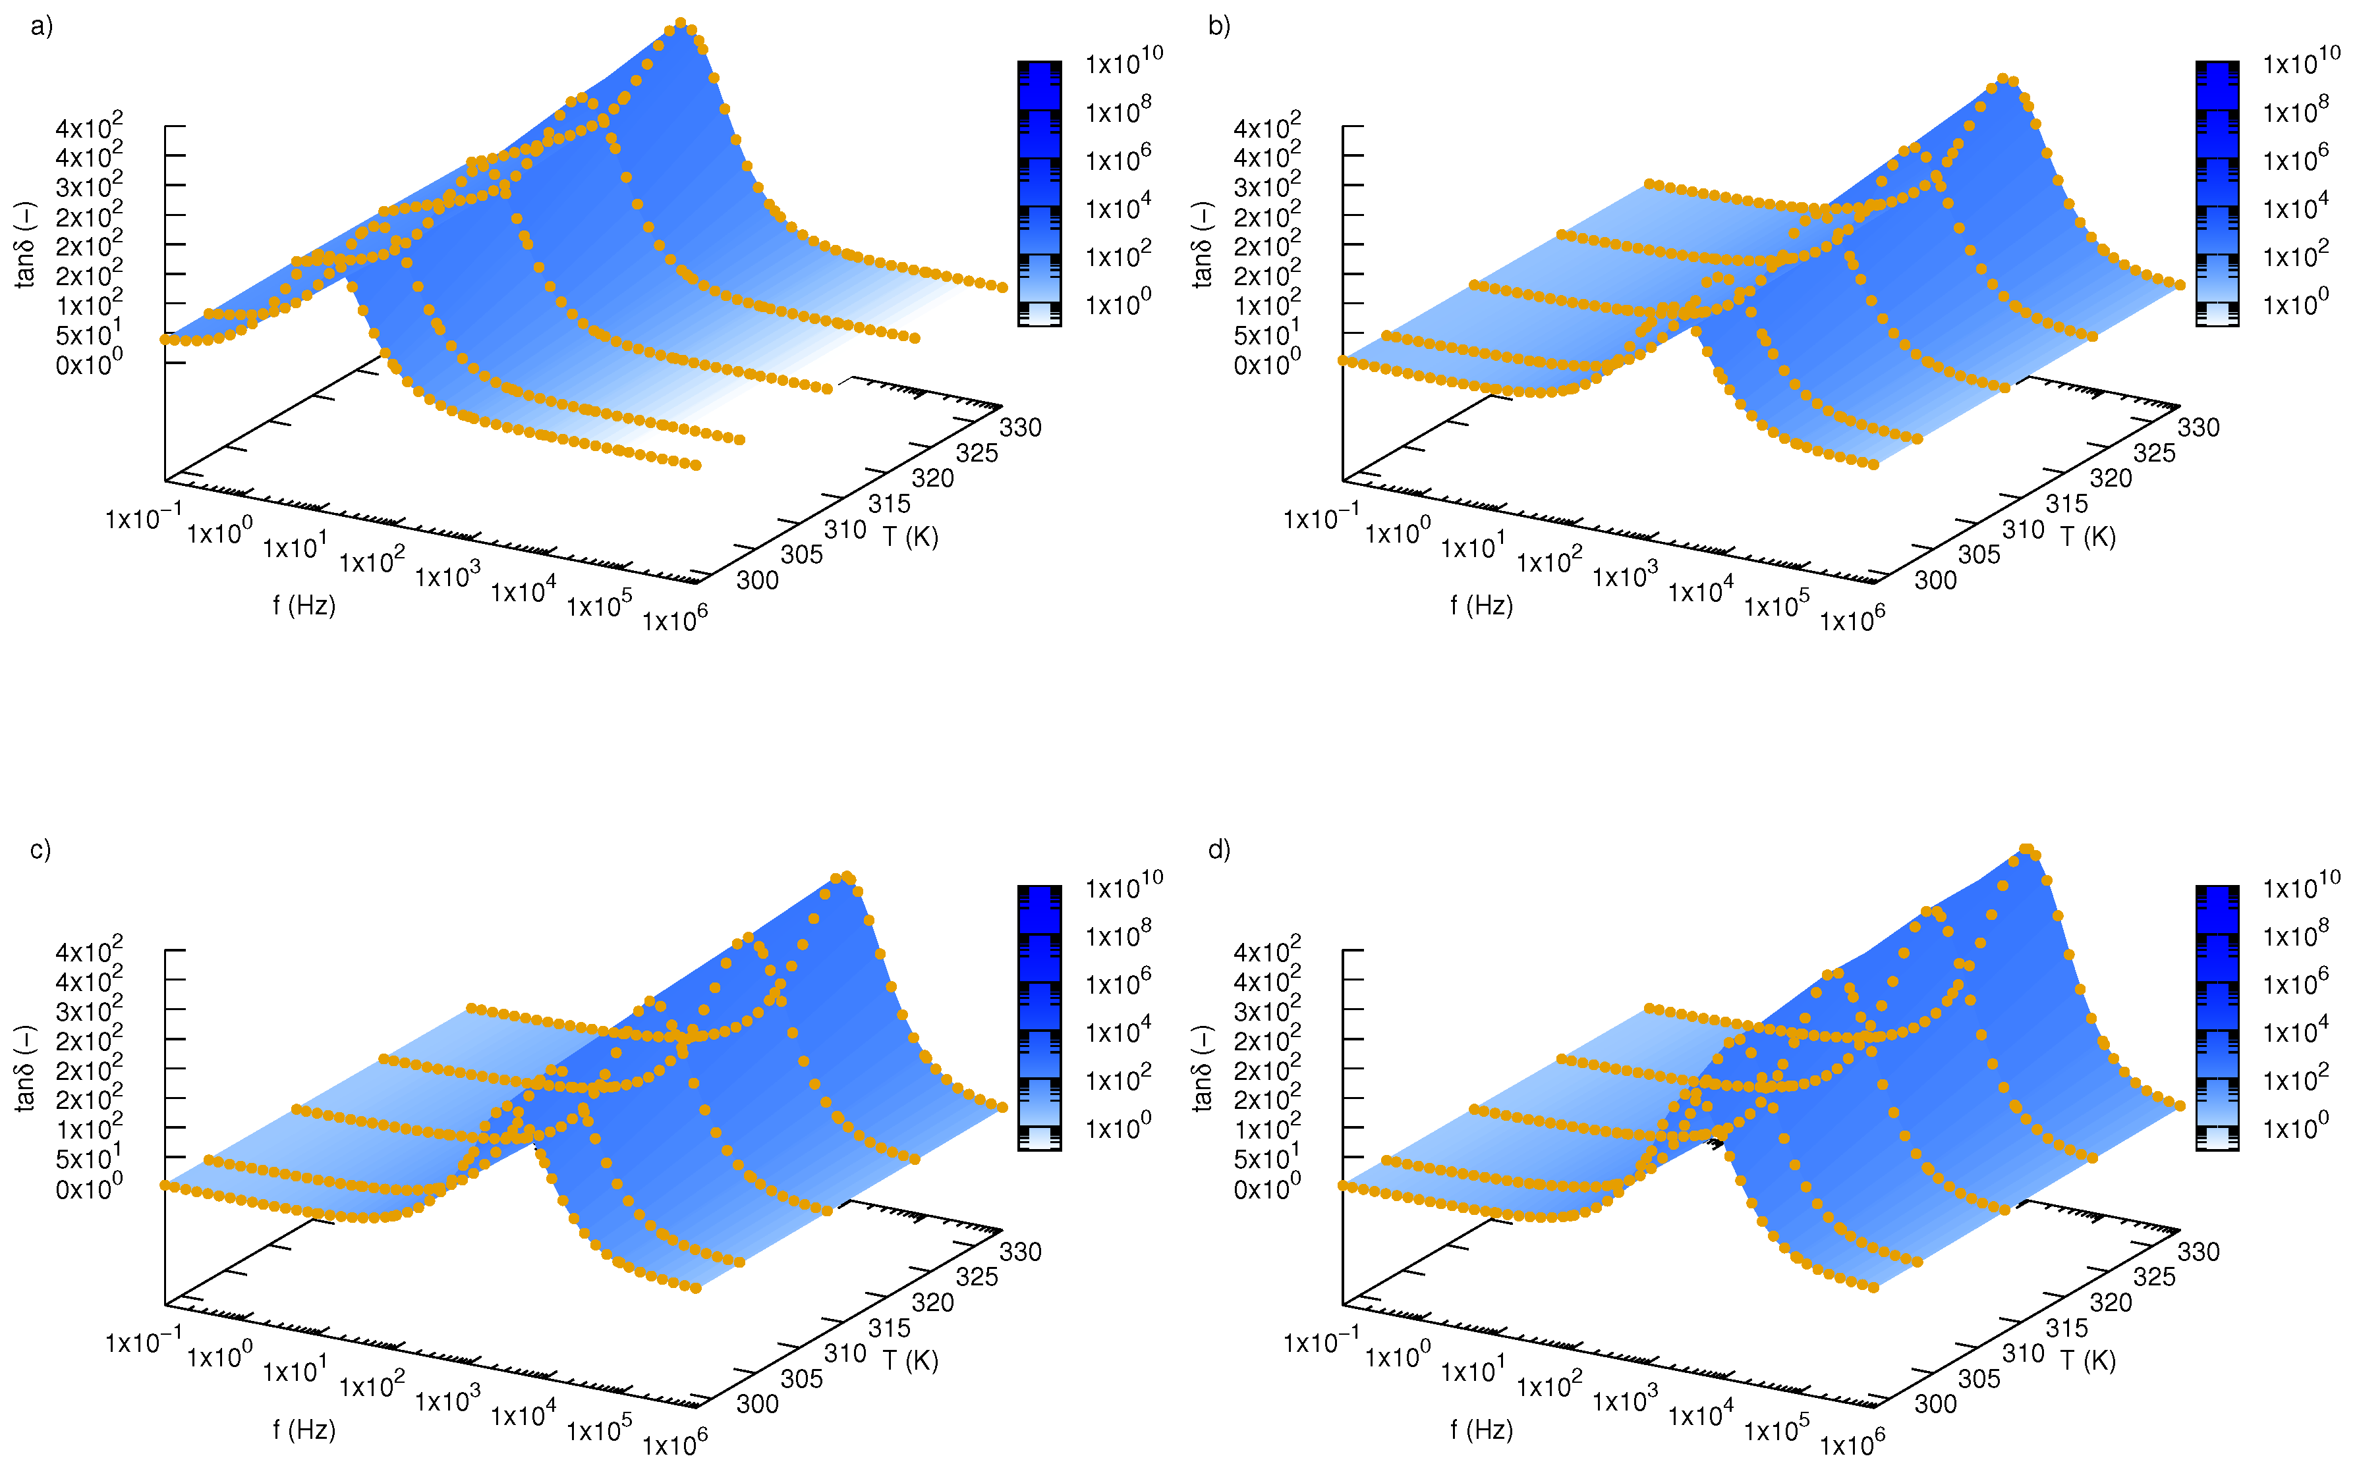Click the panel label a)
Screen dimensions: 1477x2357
[41, 26]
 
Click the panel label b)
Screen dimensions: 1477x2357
[1218, 26]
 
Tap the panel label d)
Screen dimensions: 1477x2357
[1218, 850]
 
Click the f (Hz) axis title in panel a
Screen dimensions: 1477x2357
[304, 606]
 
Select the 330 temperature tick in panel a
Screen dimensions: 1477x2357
[1020, 428]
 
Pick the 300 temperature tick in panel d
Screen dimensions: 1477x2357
[1935, 1405]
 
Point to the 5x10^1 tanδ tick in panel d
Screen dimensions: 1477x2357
[1266, 1158]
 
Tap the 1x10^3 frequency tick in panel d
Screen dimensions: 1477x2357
[1624, 1399]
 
